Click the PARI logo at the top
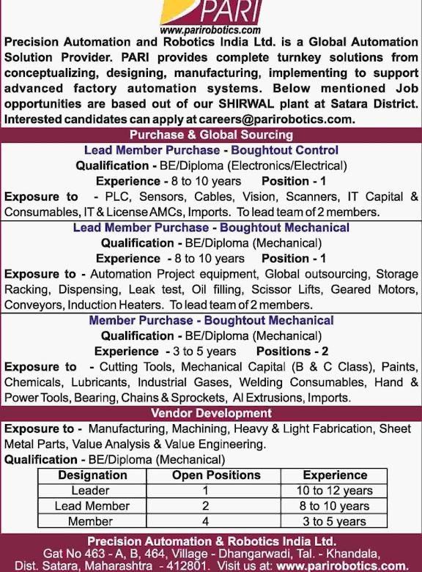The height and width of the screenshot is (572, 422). (x=210, y=13)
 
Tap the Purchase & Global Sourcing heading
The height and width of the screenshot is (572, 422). (x=211, y=135)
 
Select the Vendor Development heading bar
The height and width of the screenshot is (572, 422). (x=211, y=414)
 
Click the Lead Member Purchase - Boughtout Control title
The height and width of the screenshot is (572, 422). (x=211, y=150)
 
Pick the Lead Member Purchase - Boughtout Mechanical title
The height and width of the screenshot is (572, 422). (x=211, y=228)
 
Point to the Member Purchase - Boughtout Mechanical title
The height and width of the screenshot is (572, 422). (x=211, y=320)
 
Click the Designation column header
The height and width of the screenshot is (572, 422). (x=92, y=475)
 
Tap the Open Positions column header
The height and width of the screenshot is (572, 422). (x=206, y=475)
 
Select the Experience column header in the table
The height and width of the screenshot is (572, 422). (x=335, y=475)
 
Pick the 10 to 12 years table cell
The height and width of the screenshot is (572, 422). (x=335, y=491)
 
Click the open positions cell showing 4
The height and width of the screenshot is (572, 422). (x=206, y=521)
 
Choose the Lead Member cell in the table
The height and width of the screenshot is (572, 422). (x=92, y=506)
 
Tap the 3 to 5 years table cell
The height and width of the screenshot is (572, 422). (x=335, y=521)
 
